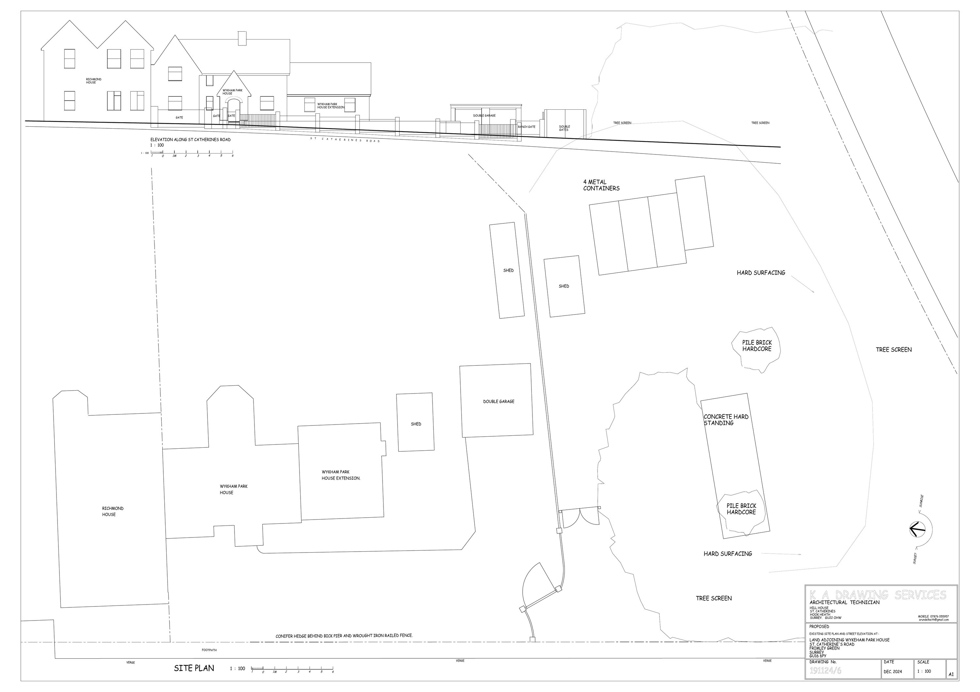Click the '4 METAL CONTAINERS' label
coord(601,185)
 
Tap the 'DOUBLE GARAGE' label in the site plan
coord(498,401)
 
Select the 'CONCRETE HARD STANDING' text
coord(726,420)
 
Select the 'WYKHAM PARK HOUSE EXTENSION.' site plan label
coord(341,475)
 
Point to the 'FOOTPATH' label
coord(209,650)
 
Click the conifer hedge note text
coord(344,636)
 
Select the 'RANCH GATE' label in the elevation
coord(526,127)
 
